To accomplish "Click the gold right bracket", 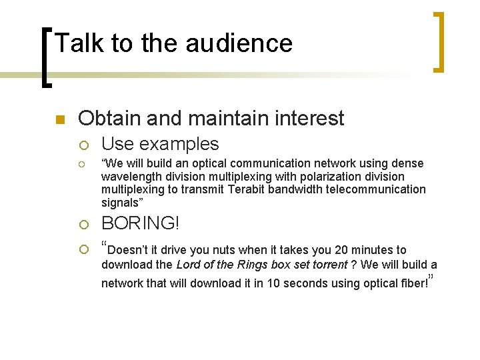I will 439,41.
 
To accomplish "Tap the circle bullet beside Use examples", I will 83,145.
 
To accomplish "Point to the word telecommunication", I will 372,189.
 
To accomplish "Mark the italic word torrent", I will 330,265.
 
